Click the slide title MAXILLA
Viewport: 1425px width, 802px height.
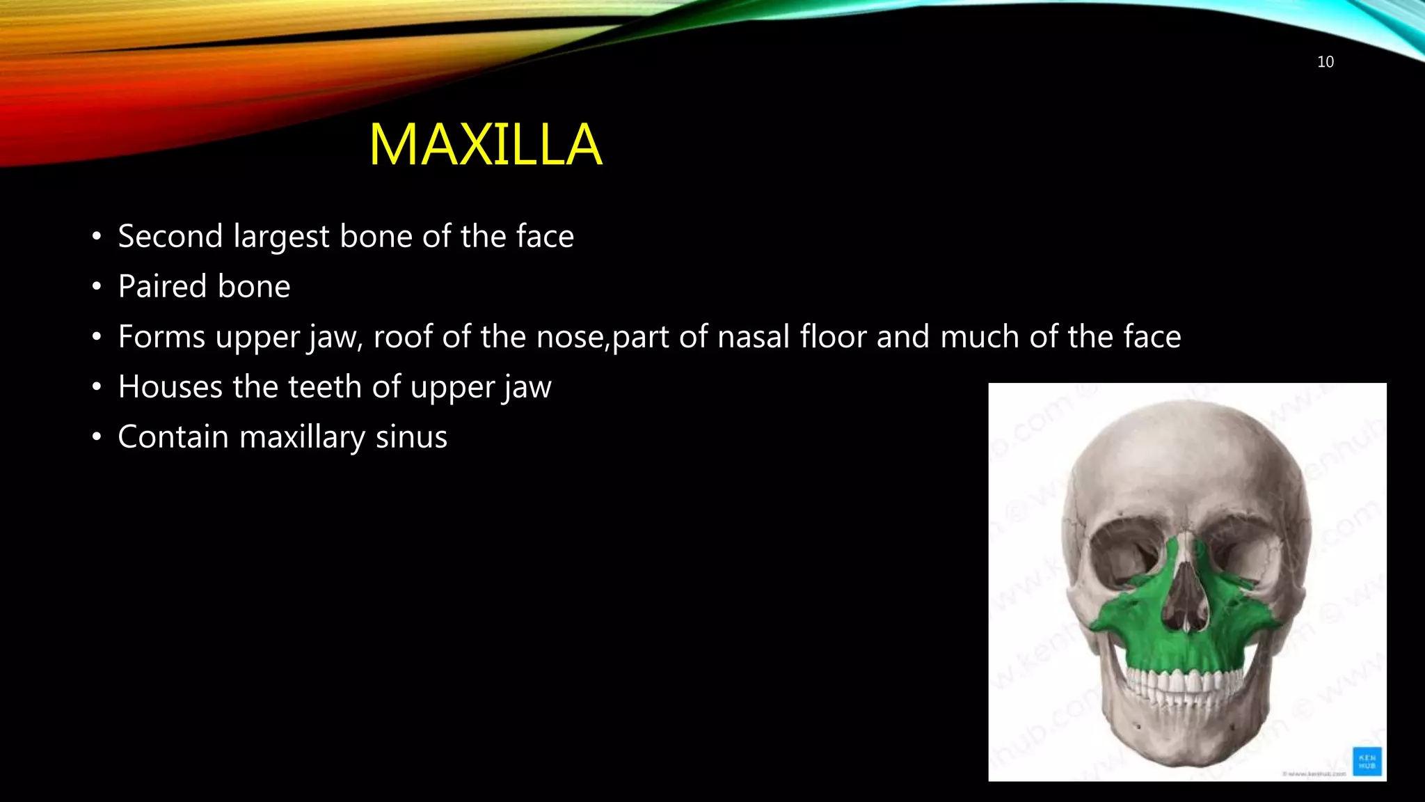click(485, 145)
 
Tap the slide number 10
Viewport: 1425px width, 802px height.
click(1325, 62)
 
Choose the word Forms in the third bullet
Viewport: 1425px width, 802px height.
click(161, 337)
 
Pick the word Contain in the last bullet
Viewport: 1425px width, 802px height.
click(173, 437)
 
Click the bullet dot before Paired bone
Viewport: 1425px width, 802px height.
click(97, 287)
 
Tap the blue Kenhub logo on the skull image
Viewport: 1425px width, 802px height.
click(1367, 761)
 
